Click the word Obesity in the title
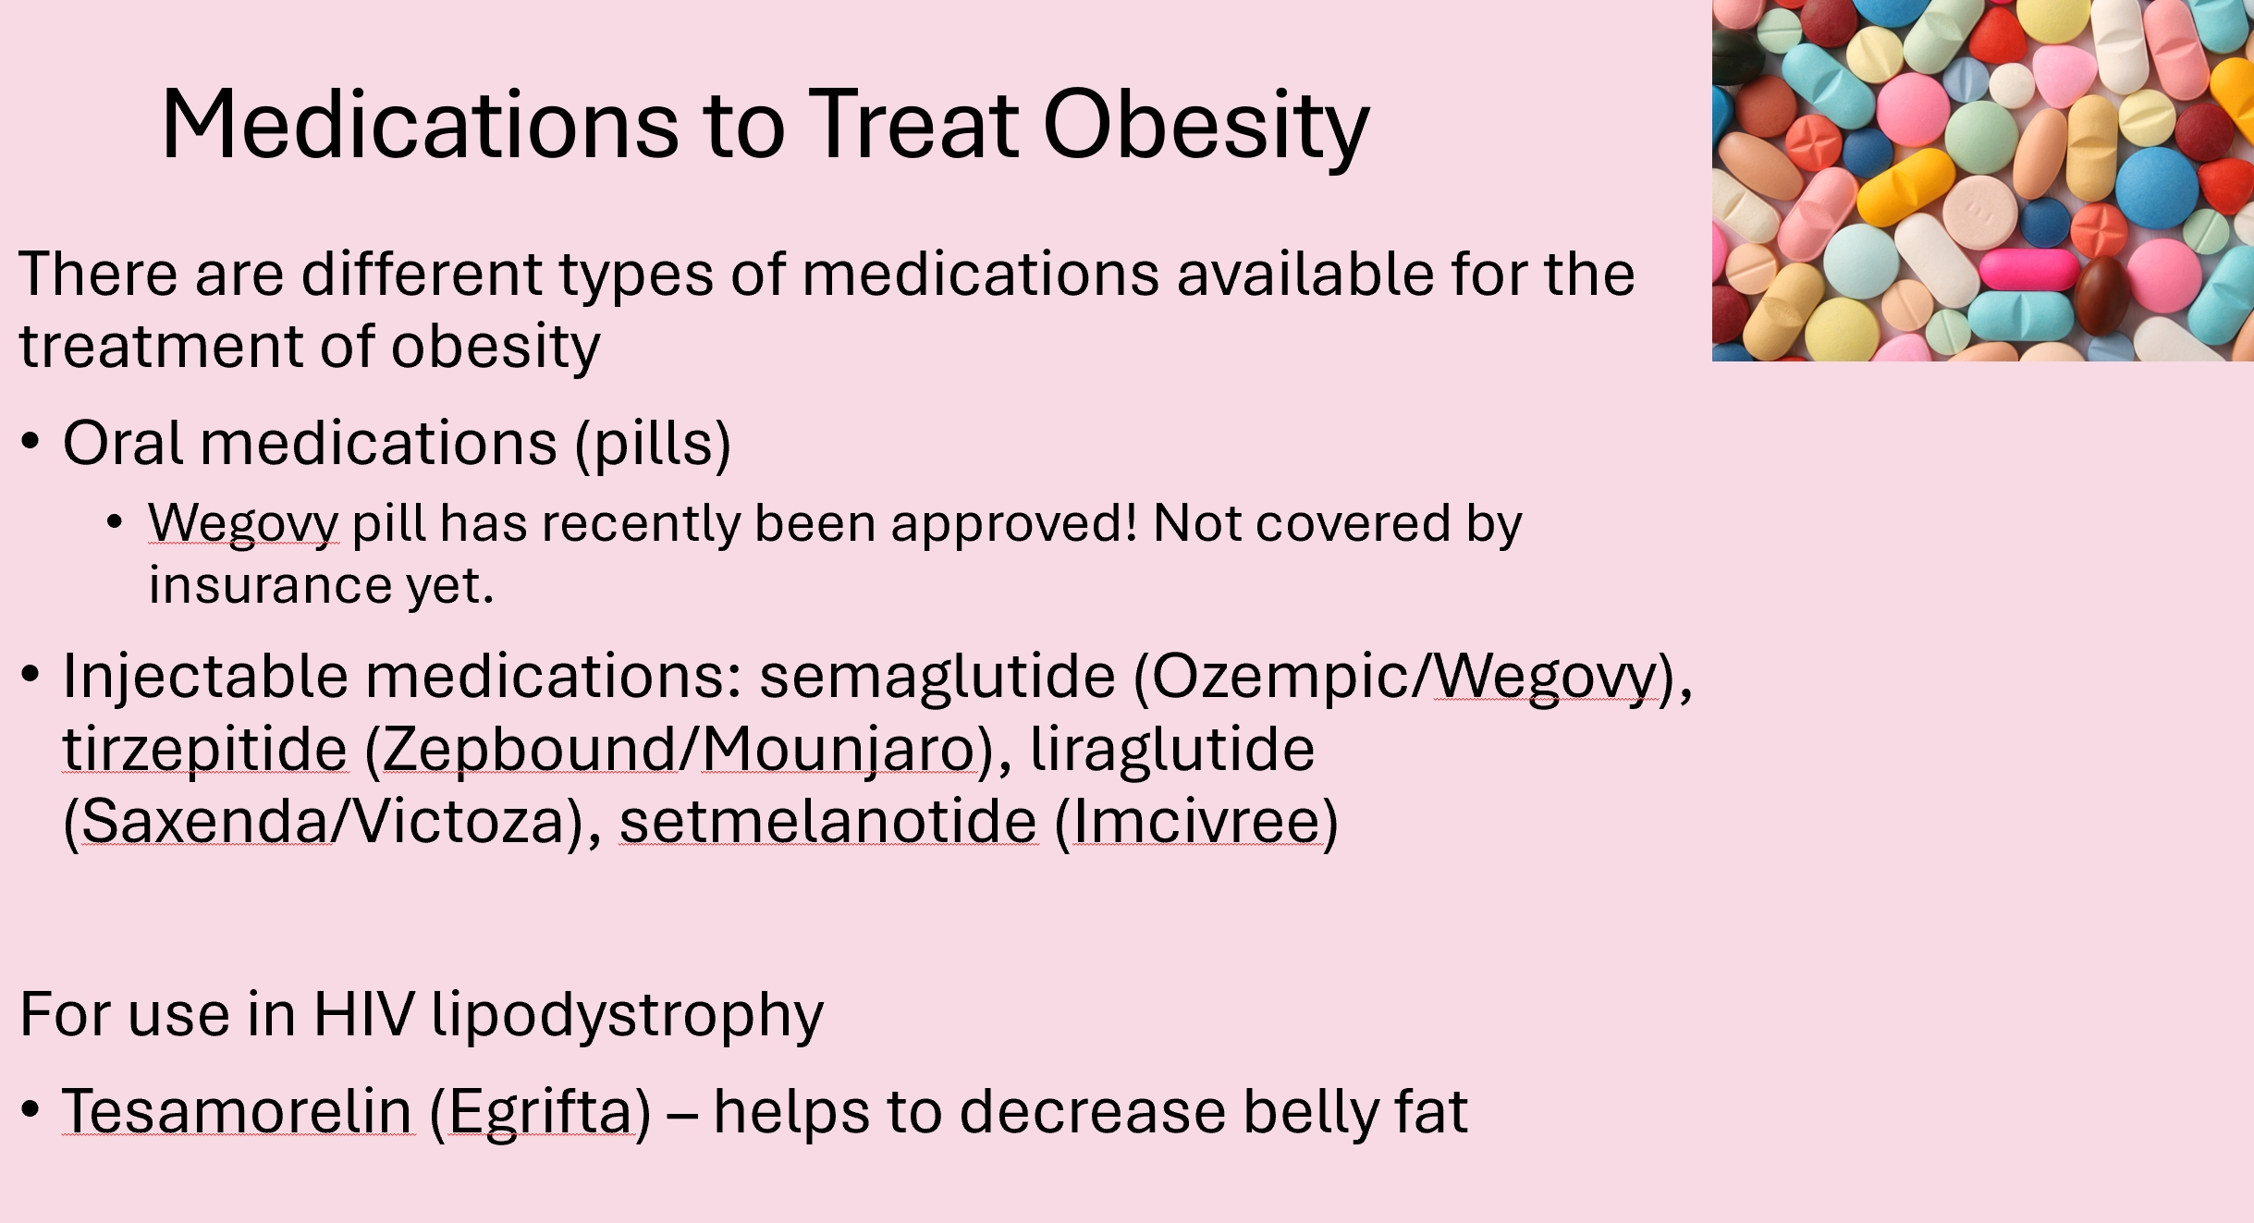(x=1206, y=127)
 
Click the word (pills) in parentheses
(x=653, y=445)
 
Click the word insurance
(x=271, y=585)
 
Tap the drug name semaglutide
(x=937, y=676)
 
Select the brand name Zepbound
(x=528, y=750)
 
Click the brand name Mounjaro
(x=839, y=750)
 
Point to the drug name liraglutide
(x=1172, y=750)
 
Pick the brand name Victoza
(x=459, y=821)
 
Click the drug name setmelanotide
(x=828, y=821)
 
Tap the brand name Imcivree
(x=1197, y=821)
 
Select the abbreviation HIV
(x=364, y=1014)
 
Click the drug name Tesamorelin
(x=238, y=1110)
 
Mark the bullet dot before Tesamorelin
(x=31, y=1108)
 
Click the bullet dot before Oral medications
(x=31, y=442)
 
